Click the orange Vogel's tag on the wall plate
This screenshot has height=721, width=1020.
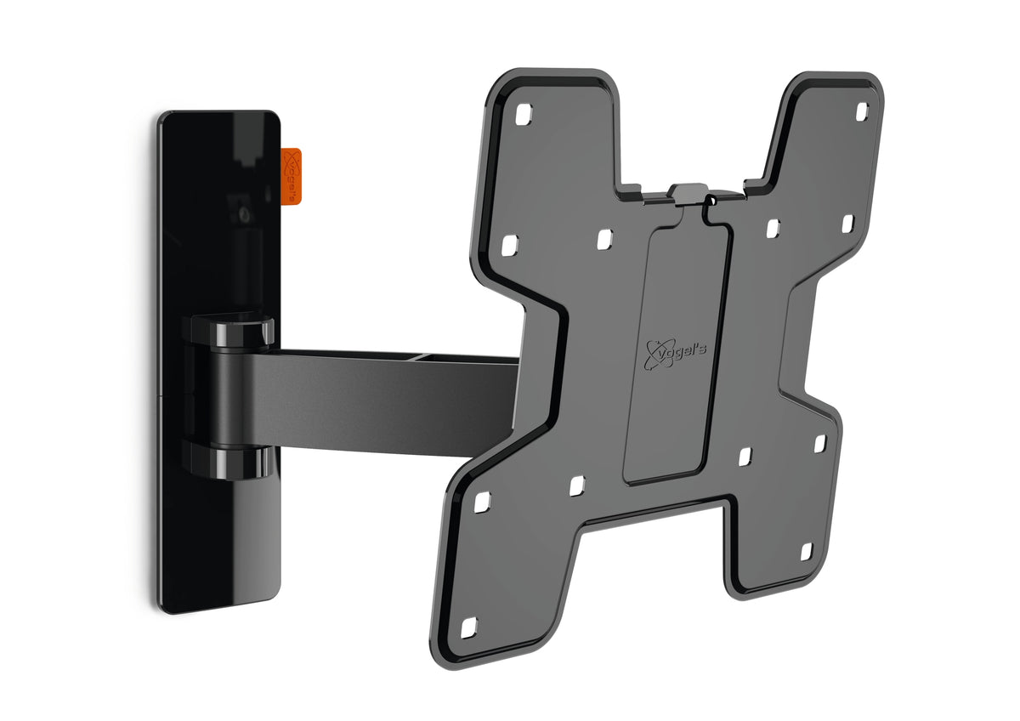291,176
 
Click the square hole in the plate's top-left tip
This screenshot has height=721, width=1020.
524,112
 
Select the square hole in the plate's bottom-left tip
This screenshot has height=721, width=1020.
468,627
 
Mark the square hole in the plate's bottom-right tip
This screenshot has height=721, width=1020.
806,552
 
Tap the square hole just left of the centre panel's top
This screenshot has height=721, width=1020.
603,241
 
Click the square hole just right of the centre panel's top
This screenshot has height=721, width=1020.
772,229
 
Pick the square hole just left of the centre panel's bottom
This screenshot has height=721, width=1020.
577,485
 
